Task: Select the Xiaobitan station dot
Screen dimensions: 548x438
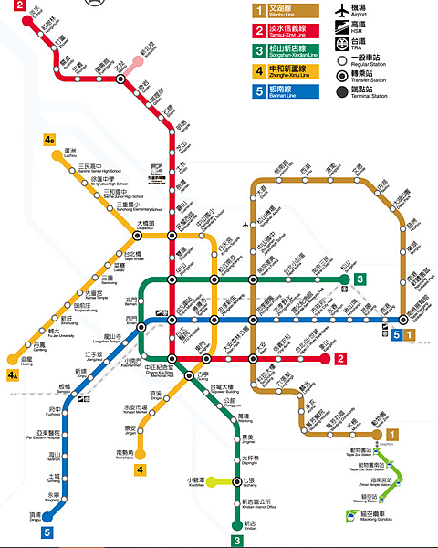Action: tap(211, 479)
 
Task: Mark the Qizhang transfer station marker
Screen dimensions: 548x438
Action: tap(236, 479)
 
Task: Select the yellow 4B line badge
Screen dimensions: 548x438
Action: tap(48, 140)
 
